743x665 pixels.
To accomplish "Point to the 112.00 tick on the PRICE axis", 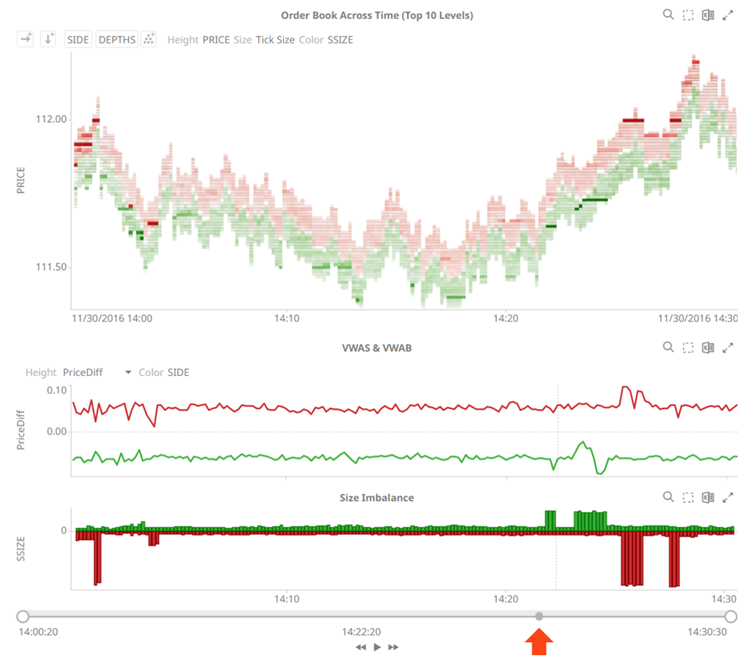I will pyautogui.click(x=50, y=119).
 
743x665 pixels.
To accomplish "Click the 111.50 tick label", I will pyautogui.click(x=50, y=267).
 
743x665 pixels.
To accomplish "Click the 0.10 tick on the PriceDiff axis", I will pyautogui.click(x=56, y=389).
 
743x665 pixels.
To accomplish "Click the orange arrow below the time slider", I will pyautogui.click(x=539, y=641).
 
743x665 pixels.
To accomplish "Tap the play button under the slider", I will pyautogui.click(x=377, y=647).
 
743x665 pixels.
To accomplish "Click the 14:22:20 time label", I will pyautogui.click(x=361, y=632).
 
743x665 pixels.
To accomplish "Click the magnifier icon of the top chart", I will pyautogui.click(x=668, y=15).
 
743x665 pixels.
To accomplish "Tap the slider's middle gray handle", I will pyautogui.click(x=539, y=616).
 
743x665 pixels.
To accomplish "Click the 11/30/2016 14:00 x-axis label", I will pyautogui.click(x=112, y=318).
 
